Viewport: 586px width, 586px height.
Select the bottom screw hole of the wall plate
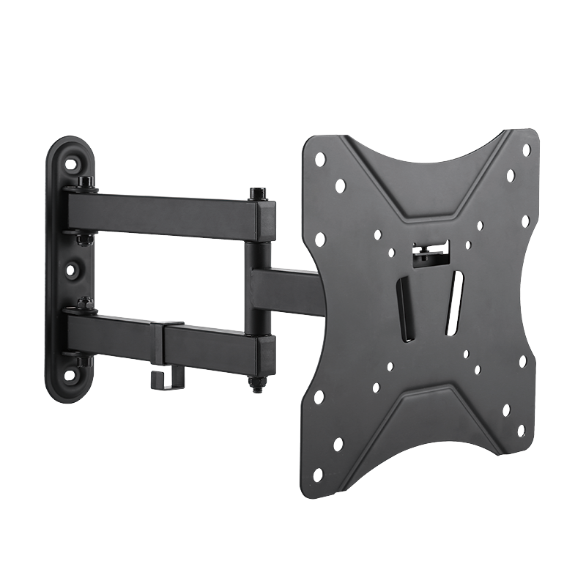click(x=72, y=377)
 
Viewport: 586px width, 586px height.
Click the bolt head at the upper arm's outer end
click(x=257, y=194)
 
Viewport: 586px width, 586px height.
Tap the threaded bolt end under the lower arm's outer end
click(x=259, y=384)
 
